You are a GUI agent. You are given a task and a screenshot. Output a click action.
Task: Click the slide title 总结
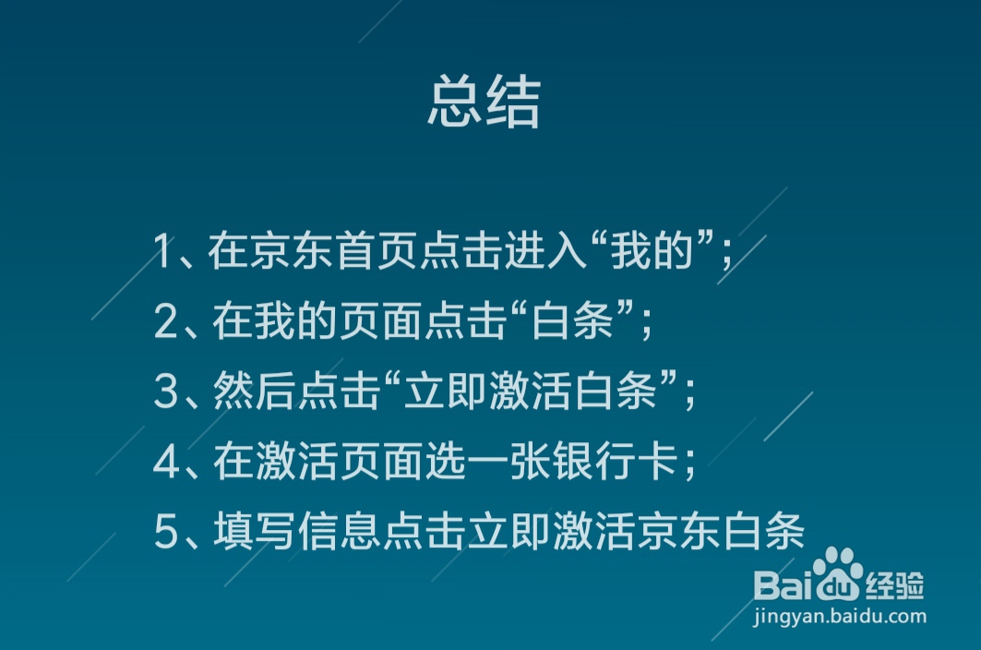pyautogui.click(x=484, y=102)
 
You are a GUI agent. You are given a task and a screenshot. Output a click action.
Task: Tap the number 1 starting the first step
pyautogui.click(x=162, y=251)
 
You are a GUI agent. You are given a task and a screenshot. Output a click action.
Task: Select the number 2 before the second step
pyautogui.click(x=166, y=322)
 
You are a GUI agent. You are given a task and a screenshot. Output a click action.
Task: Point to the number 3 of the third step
pyautogui.click(x=166, y=391)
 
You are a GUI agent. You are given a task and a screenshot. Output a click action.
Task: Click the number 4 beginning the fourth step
pyautogui.click(x=166, y=462)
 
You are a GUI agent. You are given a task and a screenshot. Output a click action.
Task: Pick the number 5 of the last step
pyautogui.click(x=166, y=531)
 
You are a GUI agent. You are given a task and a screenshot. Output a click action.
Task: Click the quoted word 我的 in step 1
pyautogui.click(x=652, y=250)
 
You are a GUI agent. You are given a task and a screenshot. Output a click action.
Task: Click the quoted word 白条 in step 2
pyautogui.click(x=573, y=321)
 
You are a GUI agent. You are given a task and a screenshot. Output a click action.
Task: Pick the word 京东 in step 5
pyautogui.click(x=679, y=531)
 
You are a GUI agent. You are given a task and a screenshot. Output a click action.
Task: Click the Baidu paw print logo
pyautogui.click(x=838, y=574)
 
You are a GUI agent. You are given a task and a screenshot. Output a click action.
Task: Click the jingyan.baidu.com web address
pyautogui.click(x=840, y=616)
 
